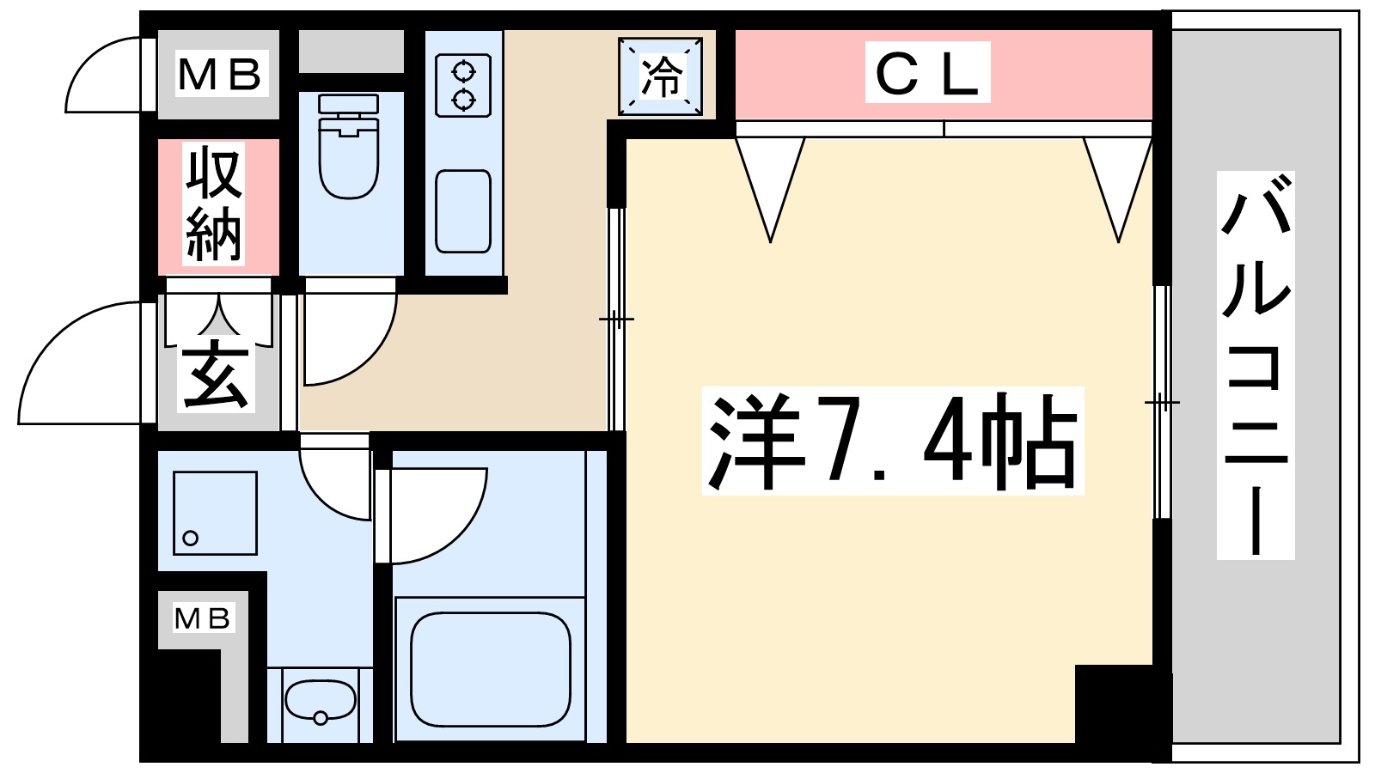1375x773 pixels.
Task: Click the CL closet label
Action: point(927,73)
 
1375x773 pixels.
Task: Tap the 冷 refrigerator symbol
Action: point(661,76)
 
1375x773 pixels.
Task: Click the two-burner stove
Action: point(463,86)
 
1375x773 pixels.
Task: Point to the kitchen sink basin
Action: point(463,211)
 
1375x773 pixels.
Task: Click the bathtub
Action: point(490,669)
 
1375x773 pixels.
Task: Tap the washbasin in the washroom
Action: point(320,701)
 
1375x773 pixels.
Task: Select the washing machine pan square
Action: point(215,513)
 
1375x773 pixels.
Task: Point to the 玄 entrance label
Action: point(216,377)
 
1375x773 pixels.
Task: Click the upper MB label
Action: point(219,74)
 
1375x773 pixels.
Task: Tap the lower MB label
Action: point(203,618)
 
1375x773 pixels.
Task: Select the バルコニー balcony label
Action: point(1256,365)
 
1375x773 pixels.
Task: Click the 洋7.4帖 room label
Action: point(892,441)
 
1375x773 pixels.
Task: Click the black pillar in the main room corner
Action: point(1113,704)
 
